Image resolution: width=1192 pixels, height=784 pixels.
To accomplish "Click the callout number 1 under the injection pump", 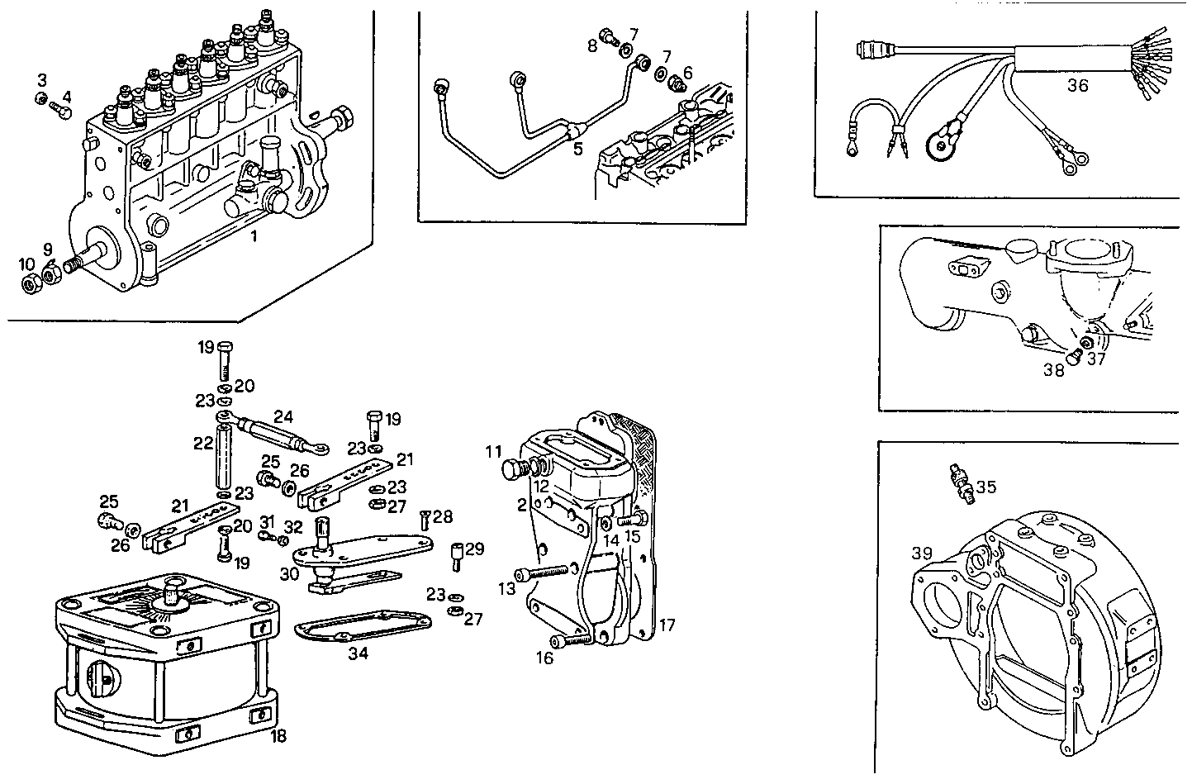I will point(254,236).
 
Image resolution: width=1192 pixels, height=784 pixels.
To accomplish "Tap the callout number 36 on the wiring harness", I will point(1077,84).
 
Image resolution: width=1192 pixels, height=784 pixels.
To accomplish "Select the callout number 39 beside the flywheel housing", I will point(923,552).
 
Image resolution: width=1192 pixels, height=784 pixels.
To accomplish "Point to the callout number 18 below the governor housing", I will point(279,735).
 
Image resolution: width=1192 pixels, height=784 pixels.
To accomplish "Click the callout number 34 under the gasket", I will point(359,654).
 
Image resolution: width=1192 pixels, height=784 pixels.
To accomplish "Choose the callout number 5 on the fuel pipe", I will point(577,149).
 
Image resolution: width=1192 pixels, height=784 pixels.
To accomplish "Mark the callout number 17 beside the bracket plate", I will point(667,625).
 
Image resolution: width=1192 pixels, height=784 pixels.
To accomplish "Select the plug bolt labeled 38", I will point(1075,357).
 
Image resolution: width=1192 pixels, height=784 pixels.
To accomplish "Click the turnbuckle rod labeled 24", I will point(272,433).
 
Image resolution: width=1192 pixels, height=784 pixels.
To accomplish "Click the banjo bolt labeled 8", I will point(610,36).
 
